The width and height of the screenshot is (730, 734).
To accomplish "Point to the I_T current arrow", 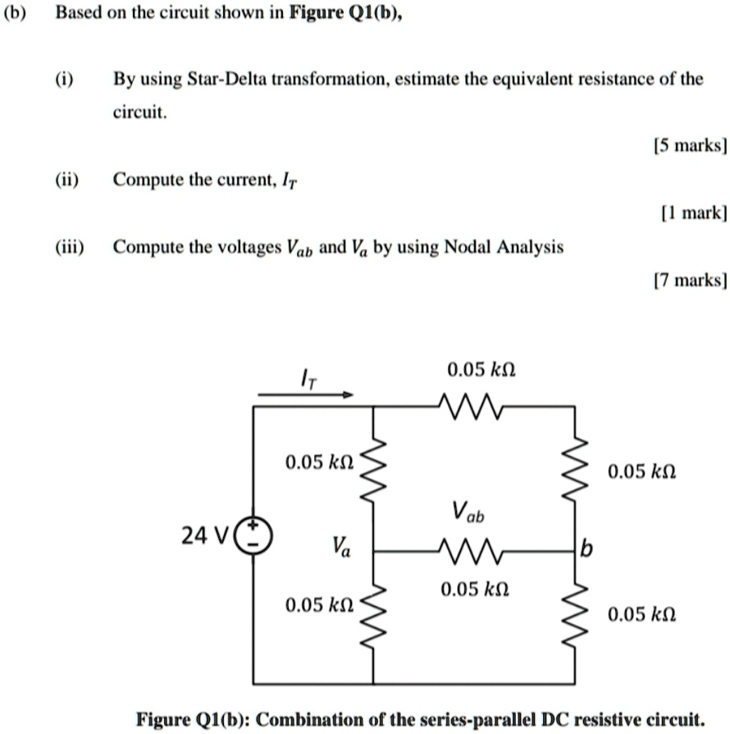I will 305,394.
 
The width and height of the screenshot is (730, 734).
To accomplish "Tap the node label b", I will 583,549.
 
